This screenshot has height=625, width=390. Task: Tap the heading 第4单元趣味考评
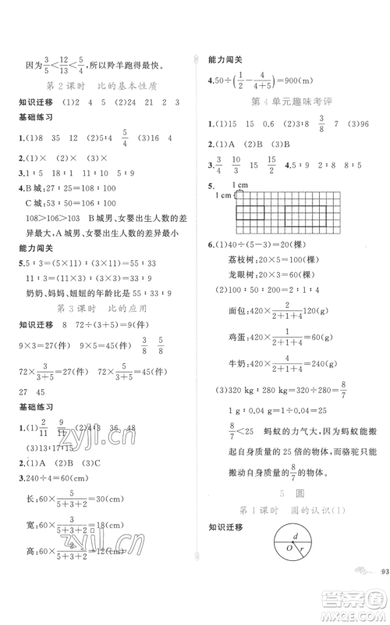pyautogui.click(x=289, y=102)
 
